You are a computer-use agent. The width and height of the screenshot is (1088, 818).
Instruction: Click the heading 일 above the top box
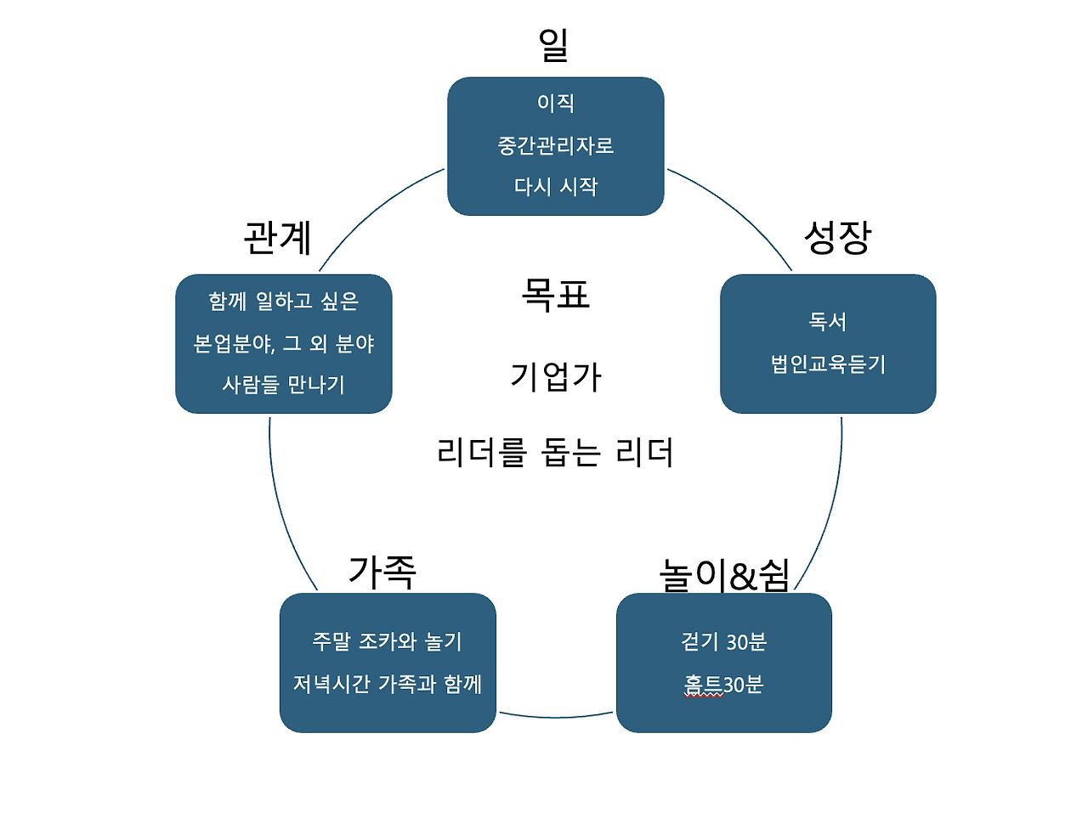click(x=553, y=44)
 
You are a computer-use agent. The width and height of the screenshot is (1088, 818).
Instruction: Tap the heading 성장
click(x=838, y=237)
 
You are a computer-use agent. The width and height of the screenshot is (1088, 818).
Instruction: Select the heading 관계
click(x=277, y=237)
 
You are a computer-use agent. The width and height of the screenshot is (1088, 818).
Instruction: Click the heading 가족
click(x=382, y=571)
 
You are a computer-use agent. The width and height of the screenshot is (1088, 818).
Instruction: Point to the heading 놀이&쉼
click(x=725, y=574)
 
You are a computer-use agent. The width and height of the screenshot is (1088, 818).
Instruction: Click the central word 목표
click(x=556, y=295)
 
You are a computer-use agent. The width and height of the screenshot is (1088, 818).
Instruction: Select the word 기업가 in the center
click(x=556, y=376)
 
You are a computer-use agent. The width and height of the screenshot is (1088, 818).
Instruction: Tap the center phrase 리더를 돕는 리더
click(x=556, y=452)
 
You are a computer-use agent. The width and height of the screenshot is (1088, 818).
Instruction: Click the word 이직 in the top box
click(x=556, y=103)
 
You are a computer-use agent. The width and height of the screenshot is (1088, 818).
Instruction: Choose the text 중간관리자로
click(x=556, y=145)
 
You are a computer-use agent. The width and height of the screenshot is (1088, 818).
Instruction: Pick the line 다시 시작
click(x=556, y=186)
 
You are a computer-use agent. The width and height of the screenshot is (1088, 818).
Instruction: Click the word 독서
click(x=828, y=321)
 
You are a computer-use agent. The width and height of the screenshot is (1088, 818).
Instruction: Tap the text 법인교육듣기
click(x=828, y=364)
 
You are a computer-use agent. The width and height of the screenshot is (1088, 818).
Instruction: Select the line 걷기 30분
click(x=724, y=641)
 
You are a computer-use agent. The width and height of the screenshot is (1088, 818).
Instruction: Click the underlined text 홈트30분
click(x=724, y=684)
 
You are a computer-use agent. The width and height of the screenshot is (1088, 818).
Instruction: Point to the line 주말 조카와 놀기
click(x=388, y=641)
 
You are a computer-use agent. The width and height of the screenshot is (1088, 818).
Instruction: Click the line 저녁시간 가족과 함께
click(x=388, y=684)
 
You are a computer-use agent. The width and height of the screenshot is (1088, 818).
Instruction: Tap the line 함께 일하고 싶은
click(x=284, y=302)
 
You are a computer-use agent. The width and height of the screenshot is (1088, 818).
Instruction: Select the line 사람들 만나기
click(x=284, y=385)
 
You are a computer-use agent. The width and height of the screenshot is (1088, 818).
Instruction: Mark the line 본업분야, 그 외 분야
click(x=284, y=343)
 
